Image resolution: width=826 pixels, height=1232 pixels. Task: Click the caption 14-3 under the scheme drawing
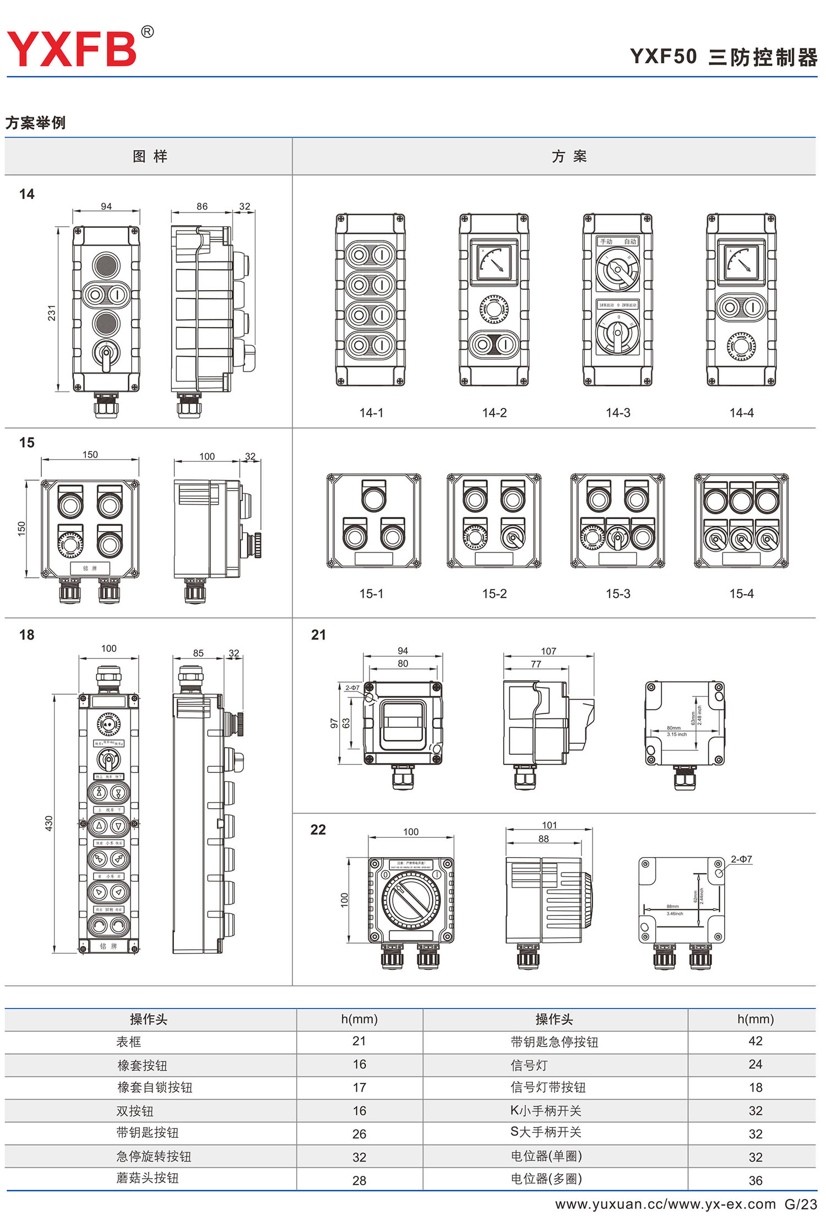pos(618,413)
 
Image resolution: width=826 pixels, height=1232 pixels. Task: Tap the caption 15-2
pos(494,594)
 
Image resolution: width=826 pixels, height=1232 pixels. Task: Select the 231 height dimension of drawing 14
pos(51,313)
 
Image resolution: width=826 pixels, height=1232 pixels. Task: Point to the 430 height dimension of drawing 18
pos(49,824)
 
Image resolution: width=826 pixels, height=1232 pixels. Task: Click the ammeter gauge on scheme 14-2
pos(494,261)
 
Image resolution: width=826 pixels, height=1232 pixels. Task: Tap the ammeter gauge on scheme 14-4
pos(741,261)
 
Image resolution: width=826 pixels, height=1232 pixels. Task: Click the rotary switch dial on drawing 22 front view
pos(411,900)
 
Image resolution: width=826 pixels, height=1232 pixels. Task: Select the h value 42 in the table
pos(756,1041)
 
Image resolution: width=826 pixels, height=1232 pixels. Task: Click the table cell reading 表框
pos(129,1042)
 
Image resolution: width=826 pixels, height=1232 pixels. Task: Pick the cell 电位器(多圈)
pos(546,1178)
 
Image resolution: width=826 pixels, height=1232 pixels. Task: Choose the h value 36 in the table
pos(756,1180)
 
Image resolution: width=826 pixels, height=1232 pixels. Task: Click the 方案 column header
pos(569,157)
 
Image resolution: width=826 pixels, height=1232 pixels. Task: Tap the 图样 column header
pos(150,157)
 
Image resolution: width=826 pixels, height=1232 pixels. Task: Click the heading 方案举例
pos(36,123)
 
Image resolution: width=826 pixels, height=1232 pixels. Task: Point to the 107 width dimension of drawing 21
pos(548,651)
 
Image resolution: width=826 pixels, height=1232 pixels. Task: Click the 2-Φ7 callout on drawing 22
pos(741,859)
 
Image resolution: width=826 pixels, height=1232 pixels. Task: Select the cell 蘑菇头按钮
pos(148,1178)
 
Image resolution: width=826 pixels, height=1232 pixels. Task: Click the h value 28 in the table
pos(359,1180)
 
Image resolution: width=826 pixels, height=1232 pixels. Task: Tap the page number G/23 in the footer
pos(800,1204)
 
